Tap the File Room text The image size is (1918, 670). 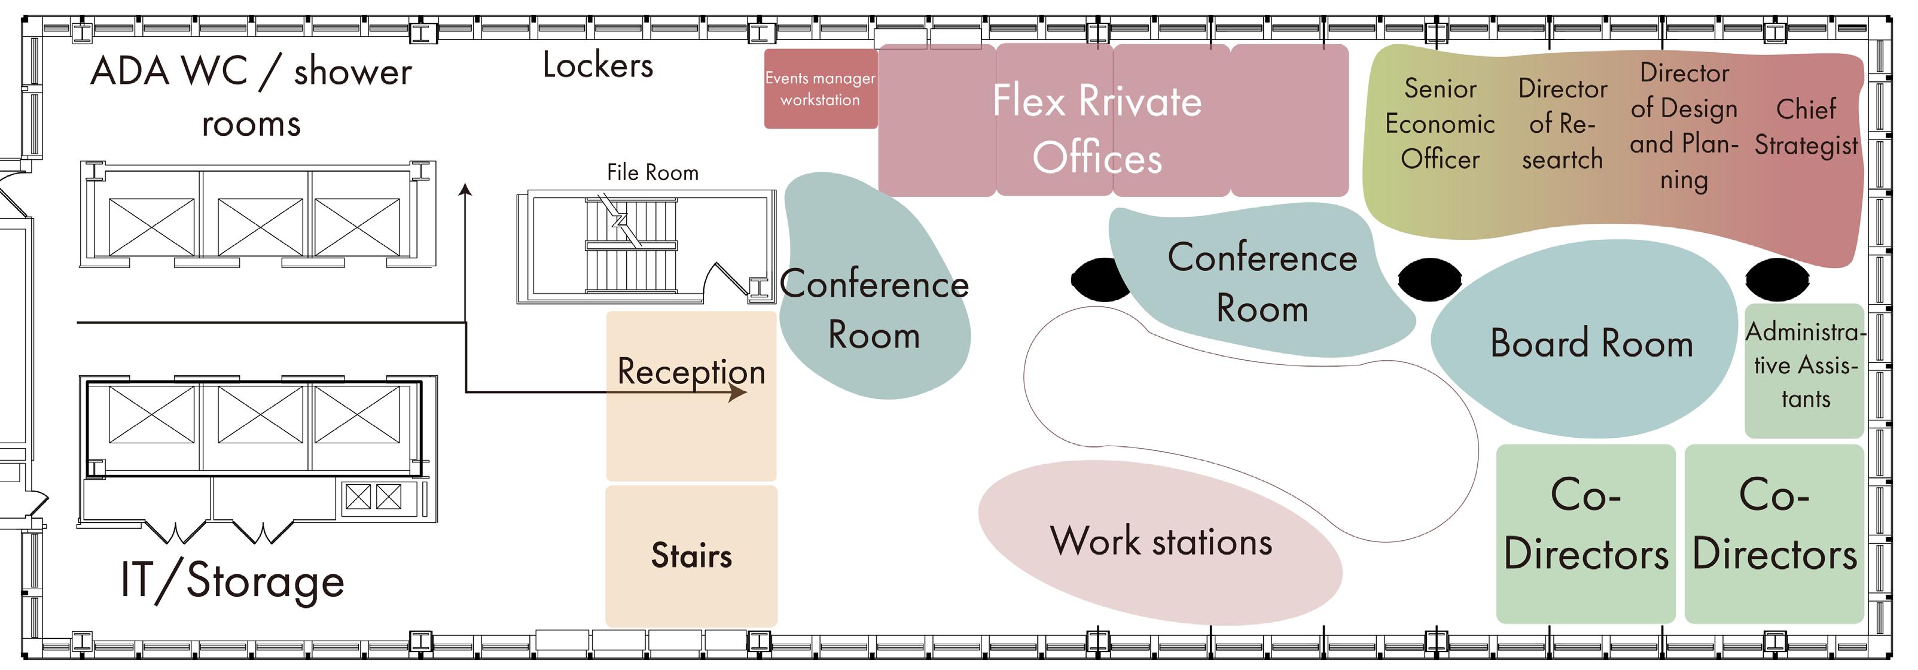(652, 173)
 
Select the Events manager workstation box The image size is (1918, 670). (820, 89)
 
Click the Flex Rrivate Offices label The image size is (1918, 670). (1097, 129)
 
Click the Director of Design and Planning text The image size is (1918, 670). (1684, 126)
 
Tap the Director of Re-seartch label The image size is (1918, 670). (1562, 124)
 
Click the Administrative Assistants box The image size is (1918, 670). (1804, 366)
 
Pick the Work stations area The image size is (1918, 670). (1160, 542)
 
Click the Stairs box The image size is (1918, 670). (691, 555)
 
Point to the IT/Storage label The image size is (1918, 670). (232, 581)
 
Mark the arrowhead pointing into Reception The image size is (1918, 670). (737, 392)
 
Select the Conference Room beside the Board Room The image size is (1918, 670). (1261, 283)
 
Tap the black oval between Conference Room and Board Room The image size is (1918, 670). (1429, 279)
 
